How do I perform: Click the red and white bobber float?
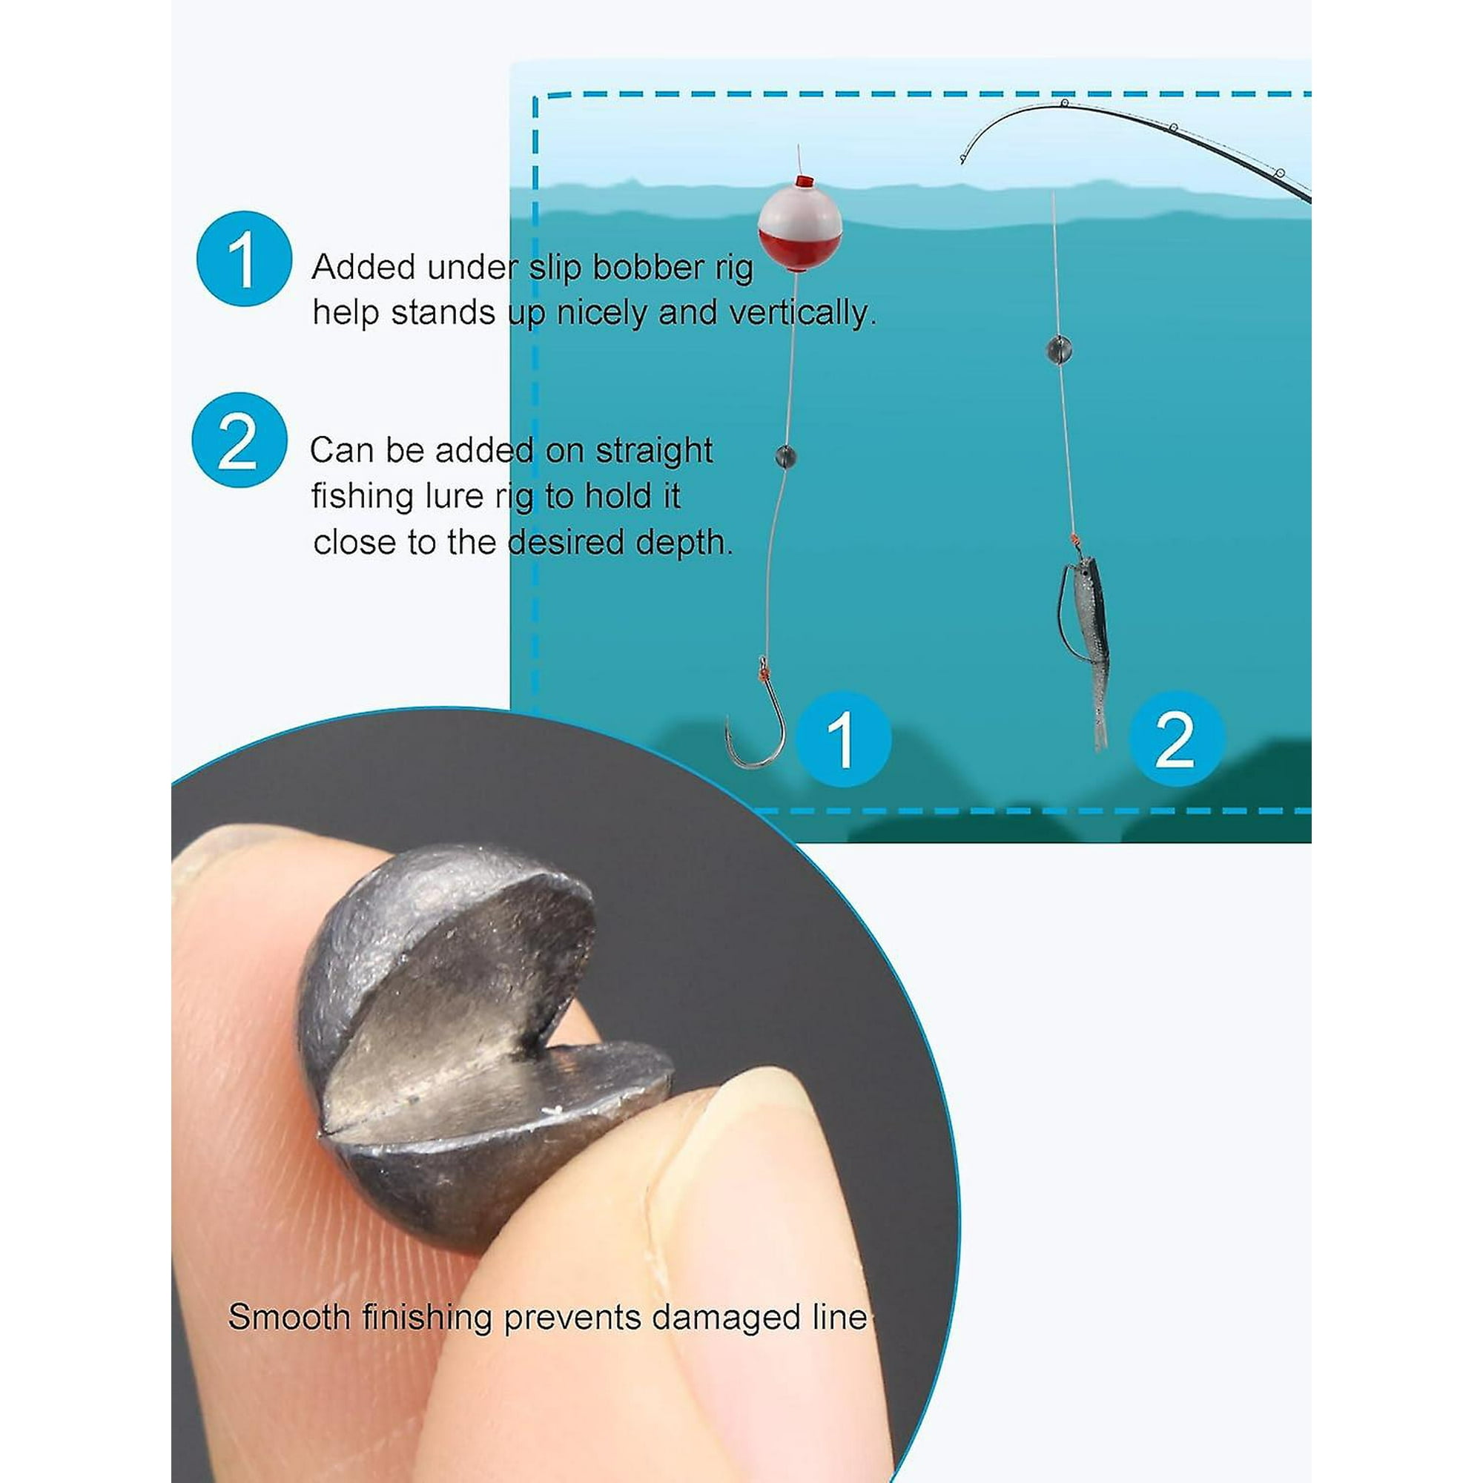coord(799,227)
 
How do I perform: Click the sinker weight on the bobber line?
coord(785,457)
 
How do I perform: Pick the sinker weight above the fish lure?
coord(1059,350)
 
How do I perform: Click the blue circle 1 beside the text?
coord(243,260)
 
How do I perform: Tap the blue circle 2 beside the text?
coord(239,440)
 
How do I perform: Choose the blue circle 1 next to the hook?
coord(843,739)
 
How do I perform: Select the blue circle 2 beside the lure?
coord(1176,739)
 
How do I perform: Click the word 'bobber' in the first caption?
coord(650,267)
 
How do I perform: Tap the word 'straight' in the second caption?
coord(654,451)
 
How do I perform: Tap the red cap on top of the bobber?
coord(804,182)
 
